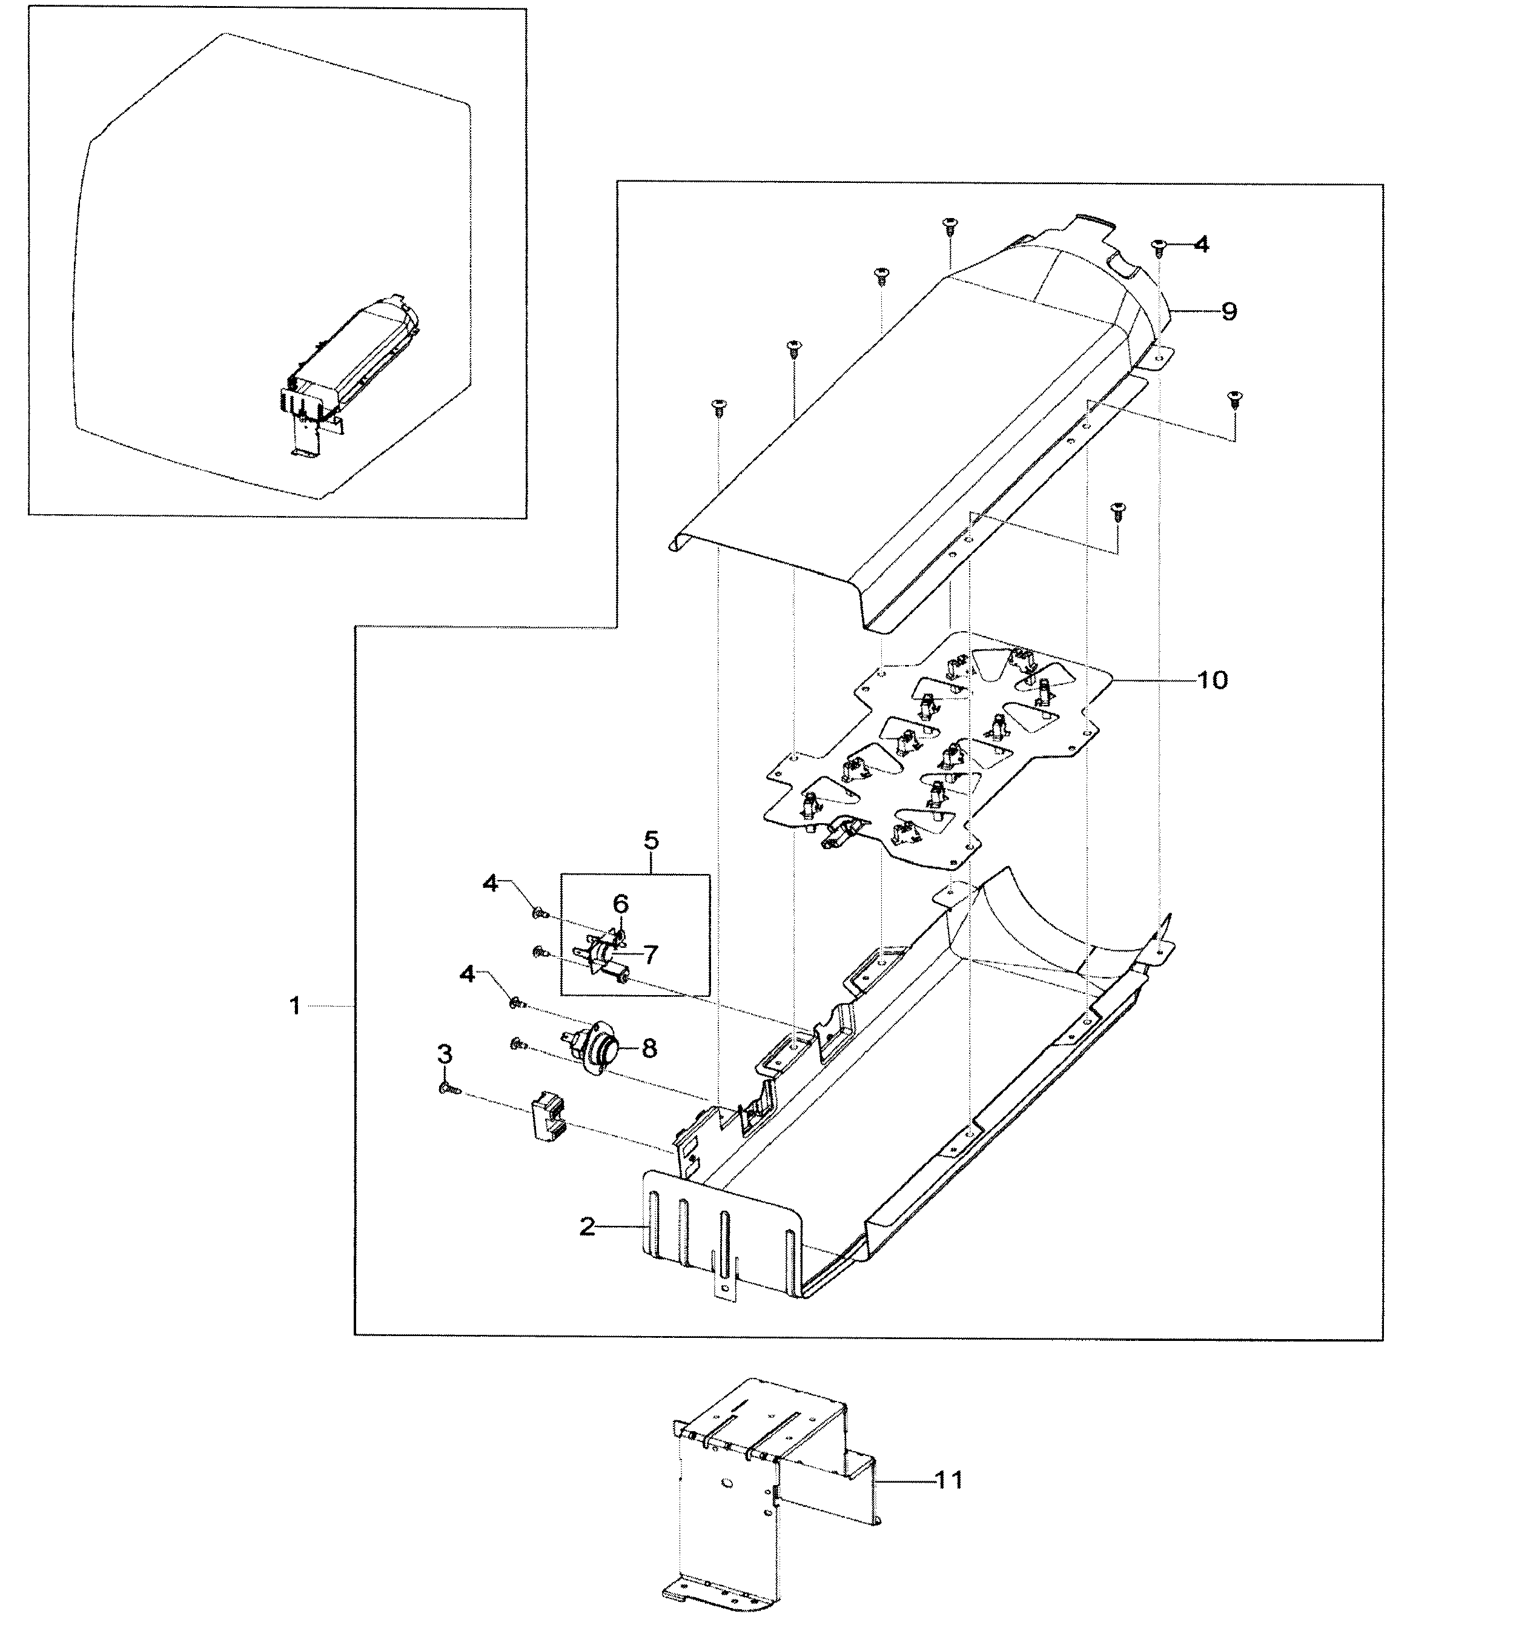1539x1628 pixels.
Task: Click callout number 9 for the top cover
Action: point(1228,312)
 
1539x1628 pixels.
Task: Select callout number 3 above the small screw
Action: point(444,1054)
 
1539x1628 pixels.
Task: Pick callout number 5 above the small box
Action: point(651,840)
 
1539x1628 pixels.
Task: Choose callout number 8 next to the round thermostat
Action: point(649,1048)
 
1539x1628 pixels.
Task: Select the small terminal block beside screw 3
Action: point(544,1116)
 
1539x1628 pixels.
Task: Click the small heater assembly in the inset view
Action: point(352,361)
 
